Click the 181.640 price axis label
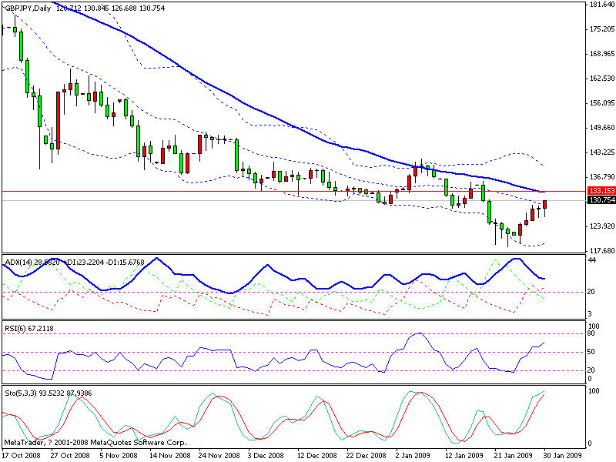[600, 5]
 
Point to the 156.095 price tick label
[600, 103]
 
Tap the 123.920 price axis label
[600, 226]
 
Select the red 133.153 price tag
[600, 190]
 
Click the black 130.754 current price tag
[600, 200]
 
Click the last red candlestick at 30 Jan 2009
[545, 204]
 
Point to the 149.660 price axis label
[600, 128]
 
